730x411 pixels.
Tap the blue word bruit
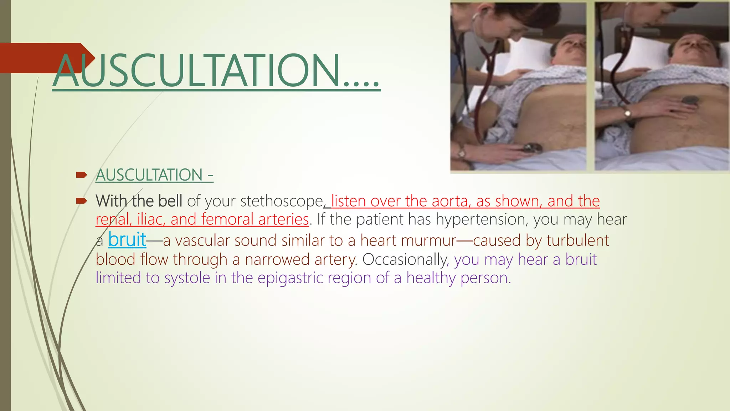(x=127, y=239)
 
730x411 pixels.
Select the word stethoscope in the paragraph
(x=281, y=201)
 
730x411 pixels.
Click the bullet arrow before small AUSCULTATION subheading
(x=82, y=175)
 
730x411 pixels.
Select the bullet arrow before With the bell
(x=82, y=201)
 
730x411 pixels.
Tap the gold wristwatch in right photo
(x=627, y=113)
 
